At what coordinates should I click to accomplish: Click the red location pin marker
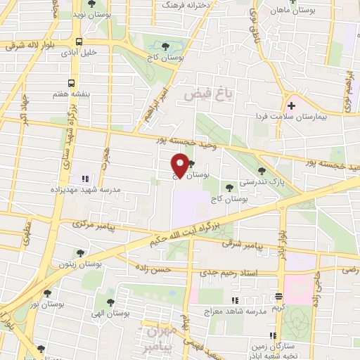(181, 165)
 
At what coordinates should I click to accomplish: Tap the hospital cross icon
(292, 105)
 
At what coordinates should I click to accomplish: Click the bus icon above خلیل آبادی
(78, 41)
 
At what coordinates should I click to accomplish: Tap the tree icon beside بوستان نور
(47, 293)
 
